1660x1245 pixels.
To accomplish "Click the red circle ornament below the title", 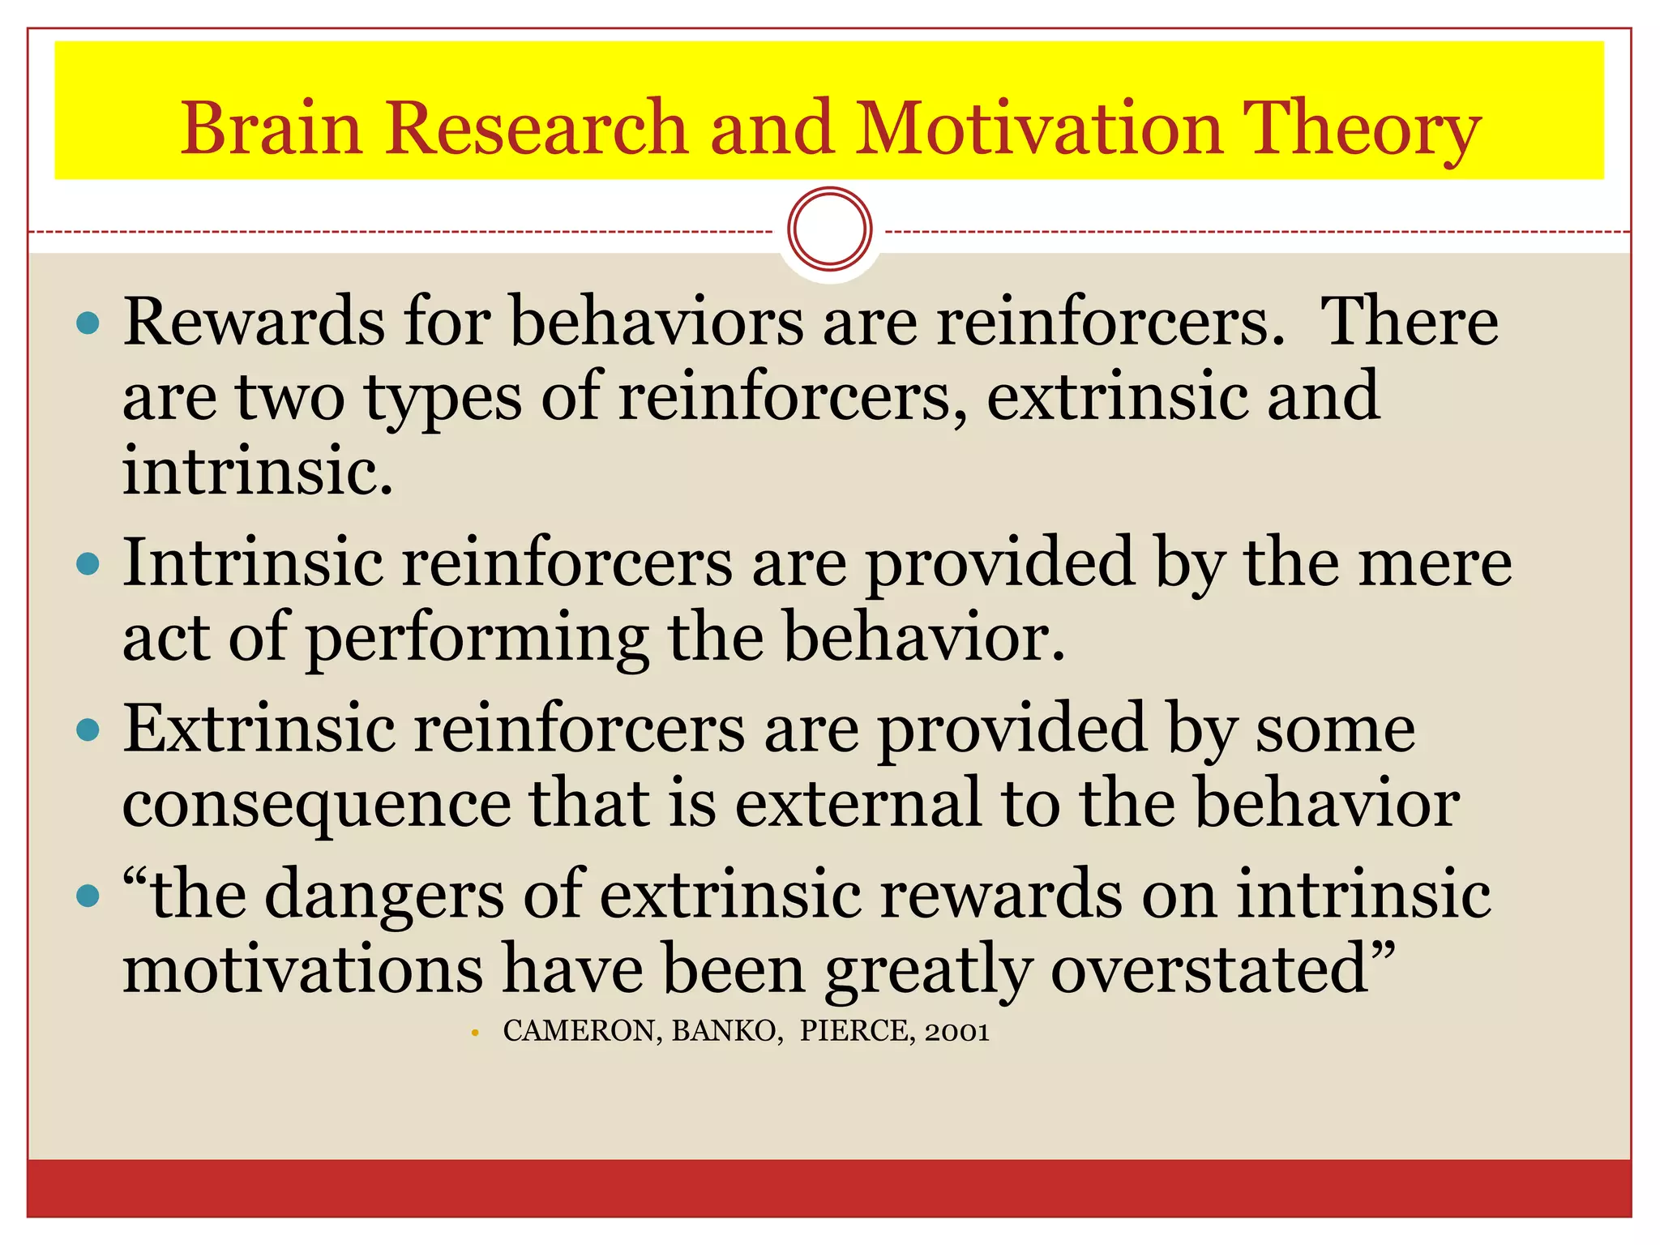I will pos(829,229).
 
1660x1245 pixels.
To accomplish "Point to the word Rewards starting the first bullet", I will pos(253,322).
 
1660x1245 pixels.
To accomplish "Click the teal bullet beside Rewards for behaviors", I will pos(88,324).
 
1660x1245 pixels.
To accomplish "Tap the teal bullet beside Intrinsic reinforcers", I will pos(88,563).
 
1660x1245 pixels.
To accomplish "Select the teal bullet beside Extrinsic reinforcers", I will pos(88,729).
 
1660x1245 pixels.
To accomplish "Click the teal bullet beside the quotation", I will pos(88,896).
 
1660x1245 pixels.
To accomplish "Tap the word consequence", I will pos(317,805).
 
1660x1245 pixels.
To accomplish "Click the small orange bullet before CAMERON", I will pos(475,1033).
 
